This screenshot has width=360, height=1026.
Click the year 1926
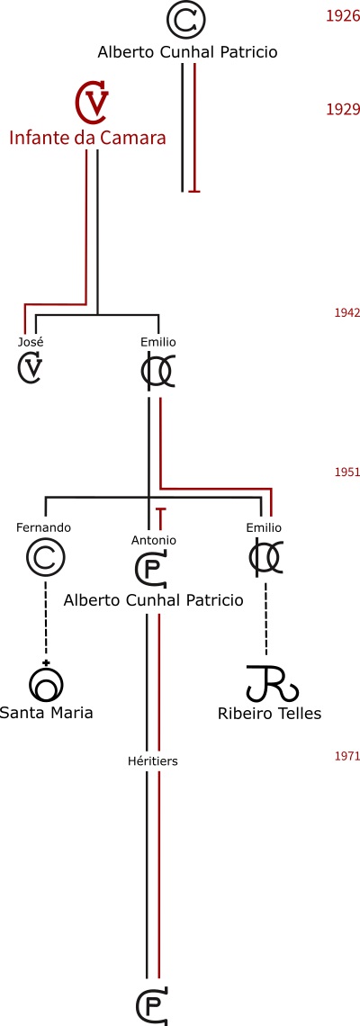tap(343, 16)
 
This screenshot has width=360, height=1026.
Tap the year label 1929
tap(343, 109)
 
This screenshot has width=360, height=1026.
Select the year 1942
tap(346, 313)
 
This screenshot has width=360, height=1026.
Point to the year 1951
tap(346, 472)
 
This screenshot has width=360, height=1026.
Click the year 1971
tap(346, 756)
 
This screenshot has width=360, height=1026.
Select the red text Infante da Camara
tap(87, 138)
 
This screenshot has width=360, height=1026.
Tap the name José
tap(31, 342)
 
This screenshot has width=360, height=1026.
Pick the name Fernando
tap(43, 527)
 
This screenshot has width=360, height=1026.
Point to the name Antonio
tap(153, 541)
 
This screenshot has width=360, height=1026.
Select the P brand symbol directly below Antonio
tap(152, 570)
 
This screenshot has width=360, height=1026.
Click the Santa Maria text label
tap(46, 712)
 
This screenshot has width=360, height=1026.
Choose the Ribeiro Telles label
tap(270, 713)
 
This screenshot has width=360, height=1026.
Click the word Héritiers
tap(153, 761)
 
